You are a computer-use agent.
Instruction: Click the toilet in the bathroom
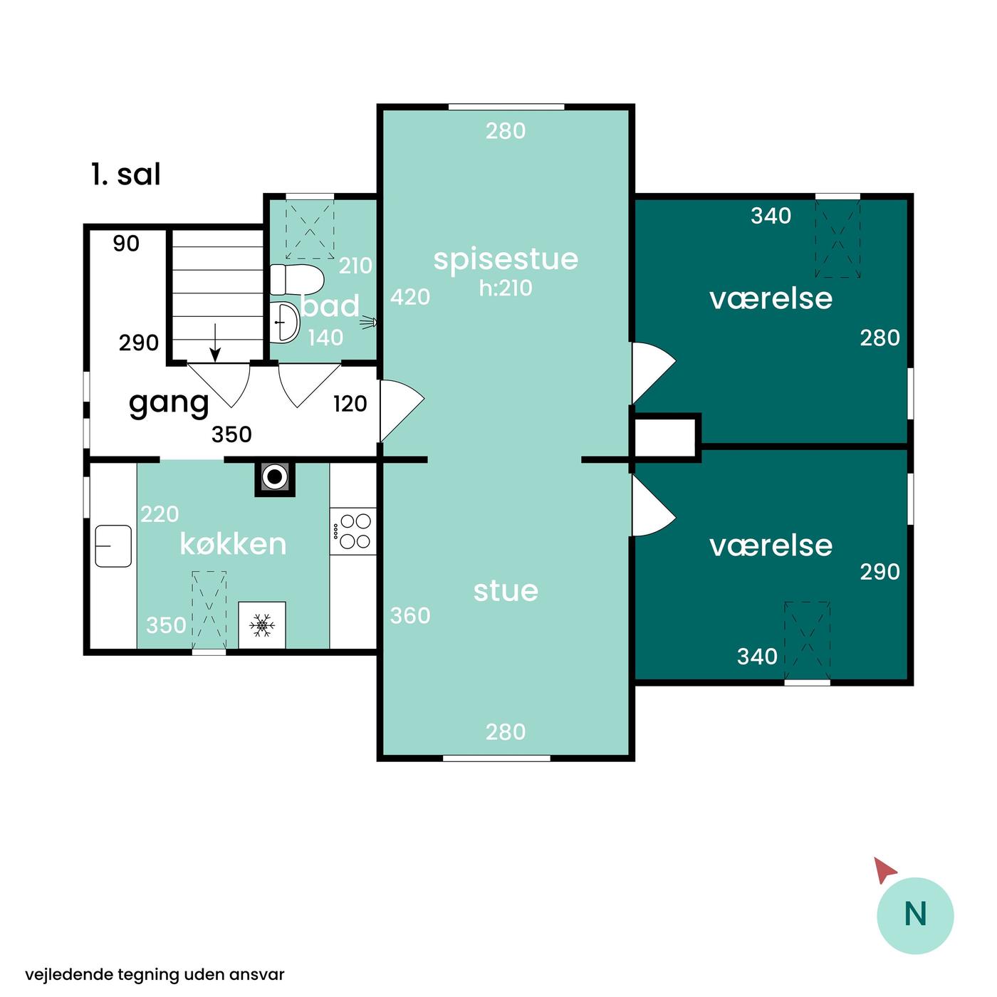(x=297, y=279)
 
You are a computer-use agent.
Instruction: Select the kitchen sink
(x=113, y=546)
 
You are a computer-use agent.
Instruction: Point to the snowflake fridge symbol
(x=262, y=626)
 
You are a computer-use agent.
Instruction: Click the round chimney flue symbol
(x=275, y=476)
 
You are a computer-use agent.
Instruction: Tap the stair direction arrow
(x=215, y=343)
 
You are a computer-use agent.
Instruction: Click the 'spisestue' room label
(x=506, y=260)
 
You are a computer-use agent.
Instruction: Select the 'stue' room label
(x=506, y=591)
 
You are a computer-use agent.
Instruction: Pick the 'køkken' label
(x=233, y=544)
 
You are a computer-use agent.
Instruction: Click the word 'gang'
(x=169, y=404)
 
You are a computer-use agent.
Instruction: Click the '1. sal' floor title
(x=126, y=174)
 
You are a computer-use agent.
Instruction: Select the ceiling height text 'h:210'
(x=506, y=288)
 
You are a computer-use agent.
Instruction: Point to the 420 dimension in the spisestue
(x=409, y=297)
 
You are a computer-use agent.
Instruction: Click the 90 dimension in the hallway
(x=126, y=243)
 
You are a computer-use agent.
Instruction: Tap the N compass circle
(x=915, y=916)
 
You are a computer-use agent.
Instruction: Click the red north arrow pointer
(x=884, y=870)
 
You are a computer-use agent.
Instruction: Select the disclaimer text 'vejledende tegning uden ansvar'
(x=155, y=975)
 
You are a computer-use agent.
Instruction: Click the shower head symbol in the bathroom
(x=370, y=323)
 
